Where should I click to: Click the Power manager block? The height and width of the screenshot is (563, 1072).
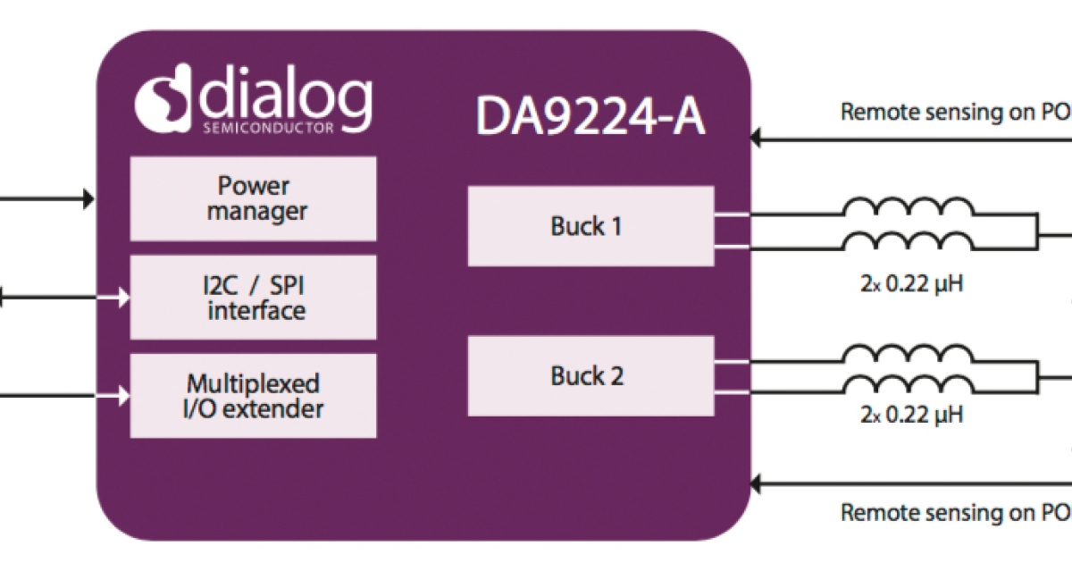click(253, 198)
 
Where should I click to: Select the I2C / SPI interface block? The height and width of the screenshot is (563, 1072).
click(253, 298)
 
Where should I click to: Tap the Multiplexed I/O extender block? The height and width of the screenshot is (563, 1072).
click(253, 396)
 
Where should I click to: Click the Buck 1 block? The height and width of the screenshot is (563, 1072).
click(590, 226)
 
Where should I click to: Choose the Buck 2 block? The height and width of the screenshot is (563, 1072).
click(590, 376)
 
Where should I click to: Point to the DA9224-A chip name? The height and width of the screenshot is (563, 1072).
click(590, 115)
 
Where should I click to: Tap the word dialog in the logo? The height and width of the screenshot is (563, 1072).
click(284, 92)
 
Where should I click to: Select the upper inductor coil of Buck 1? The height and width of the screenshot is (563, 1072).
click(909, 208)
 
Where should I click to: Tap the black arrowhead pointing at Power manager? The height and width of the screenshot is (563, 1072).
click(88, 198)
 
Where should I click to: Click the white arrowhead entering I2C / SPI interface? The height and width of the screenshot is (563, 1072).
click(124, 298)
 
